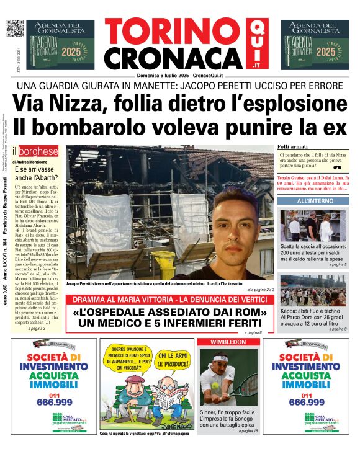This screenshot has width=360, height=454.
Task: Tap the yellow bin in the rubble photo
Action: tap(163, 264)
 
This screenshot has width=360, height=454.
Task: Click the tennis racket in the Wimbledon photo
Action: tap(245, 385)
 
